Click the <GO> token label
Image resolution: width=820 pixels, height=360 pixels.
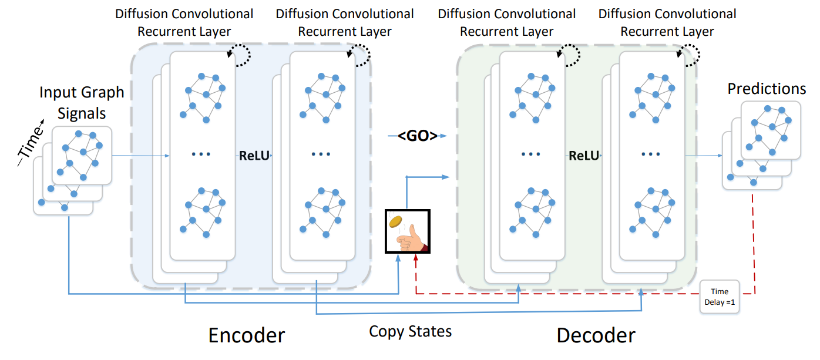click(418, 136)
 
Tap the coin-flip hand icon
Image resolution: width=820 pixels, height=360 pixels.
click(408, 231)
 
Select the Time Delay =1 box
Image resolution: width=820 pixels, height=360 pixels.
click(719, 296)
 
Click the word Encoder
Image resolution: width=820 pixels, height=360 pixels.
click(247, 335)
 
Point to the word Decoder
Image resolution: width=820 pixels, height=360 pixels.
click(596, 335)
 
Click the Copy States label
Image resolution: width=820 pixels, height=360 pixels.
click(410, 331)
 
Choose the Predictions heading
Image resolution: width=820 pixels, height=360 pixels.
click(767, 89)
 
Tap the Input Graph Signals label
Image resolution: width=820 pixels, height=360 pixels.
click(82, 103)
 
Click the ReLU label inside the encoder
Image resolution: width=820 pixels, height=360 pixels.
click(254, 156)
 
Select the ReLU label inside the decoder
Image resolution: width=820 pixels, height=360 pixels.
click(583, 156)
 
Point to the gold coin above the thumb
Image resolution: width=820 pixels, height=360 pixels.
click(395, 222)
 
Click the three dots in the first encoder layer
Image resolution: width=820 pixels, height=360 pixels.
click(201, 155)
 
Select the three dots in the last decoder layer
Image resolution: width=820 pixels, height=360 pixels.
click(651, 155)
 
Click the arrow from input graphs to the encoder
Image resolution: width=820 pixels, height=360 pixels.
click(141, 156)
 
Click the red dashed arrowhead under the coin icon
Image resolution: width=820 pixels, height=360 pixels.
click(416, 258)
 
